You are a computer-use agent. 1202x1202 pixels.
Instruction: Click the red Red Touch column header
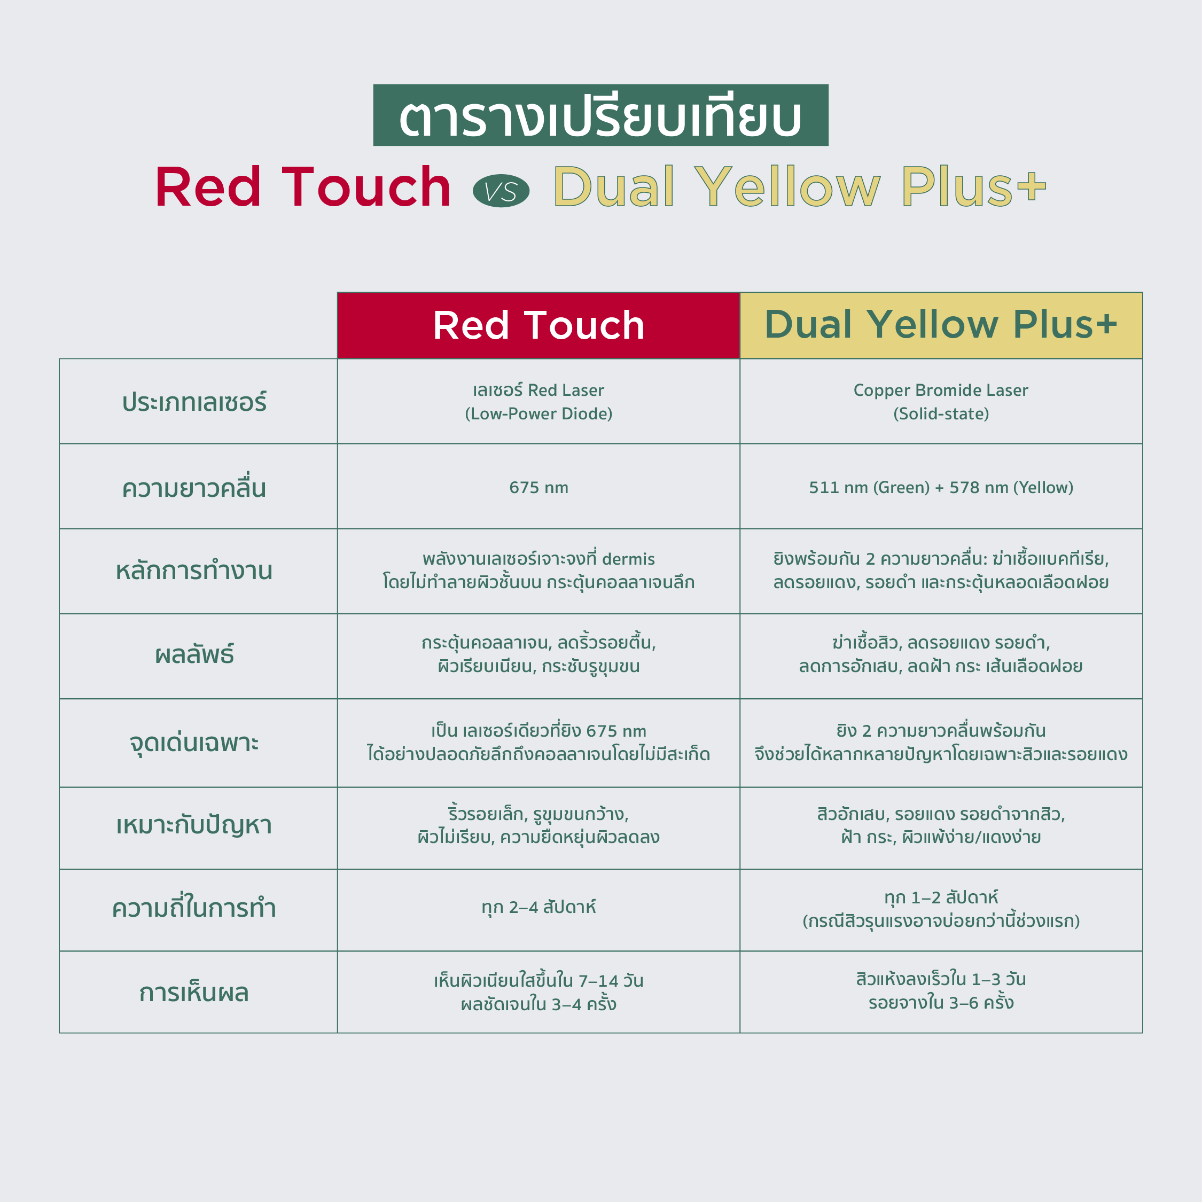tap(538, 325)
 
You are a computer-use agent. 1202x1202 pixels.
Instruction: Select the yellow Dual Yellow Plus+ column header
tap(941, 325)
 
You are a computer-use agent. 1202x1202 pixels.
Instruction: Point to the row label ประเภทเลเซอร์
tap(194, 402)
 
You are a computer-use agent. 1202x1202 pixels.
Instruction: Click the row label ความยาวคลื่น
tap(194, 487)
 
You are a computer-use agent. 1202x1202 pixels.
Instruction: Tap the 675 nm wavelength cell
tap(539, 488)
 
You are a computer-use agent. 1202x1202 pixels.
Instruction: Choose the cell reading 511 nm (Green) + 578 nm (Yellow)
tap(941, 488)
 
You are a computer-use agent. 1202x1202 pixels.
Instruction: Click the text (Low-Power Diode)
tap(539, 413)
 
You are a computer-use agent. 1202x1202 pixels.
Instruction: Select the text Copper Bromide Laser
tap(941, 390)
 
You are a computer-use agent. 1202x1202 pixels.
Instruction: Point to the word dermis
tap(628, 559)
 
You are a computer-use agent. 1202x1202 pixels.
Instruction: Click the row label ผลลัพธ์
tap(194, 653)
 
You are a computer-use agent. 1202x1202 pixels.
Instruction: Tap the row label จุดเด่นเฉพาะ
tap(194, 742)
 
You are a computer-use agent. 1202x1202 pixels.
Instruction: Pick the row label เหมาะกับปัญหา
tap(194, 825)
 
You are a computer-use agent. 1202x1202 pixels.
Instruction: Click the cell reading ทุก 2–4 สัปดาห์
tap(539, 908)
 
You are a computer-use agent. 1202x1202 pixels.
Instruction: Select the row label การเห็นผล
tap(194, 993)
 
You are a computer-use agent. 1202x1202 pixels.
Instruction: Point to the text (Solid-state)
tap(941, 413)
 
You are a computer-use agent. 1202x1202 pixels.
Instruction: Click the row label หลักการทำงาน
tap(194, 571)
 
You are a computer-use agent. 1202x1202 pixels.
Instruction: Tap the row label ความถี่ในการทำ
tap(194, 908)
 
